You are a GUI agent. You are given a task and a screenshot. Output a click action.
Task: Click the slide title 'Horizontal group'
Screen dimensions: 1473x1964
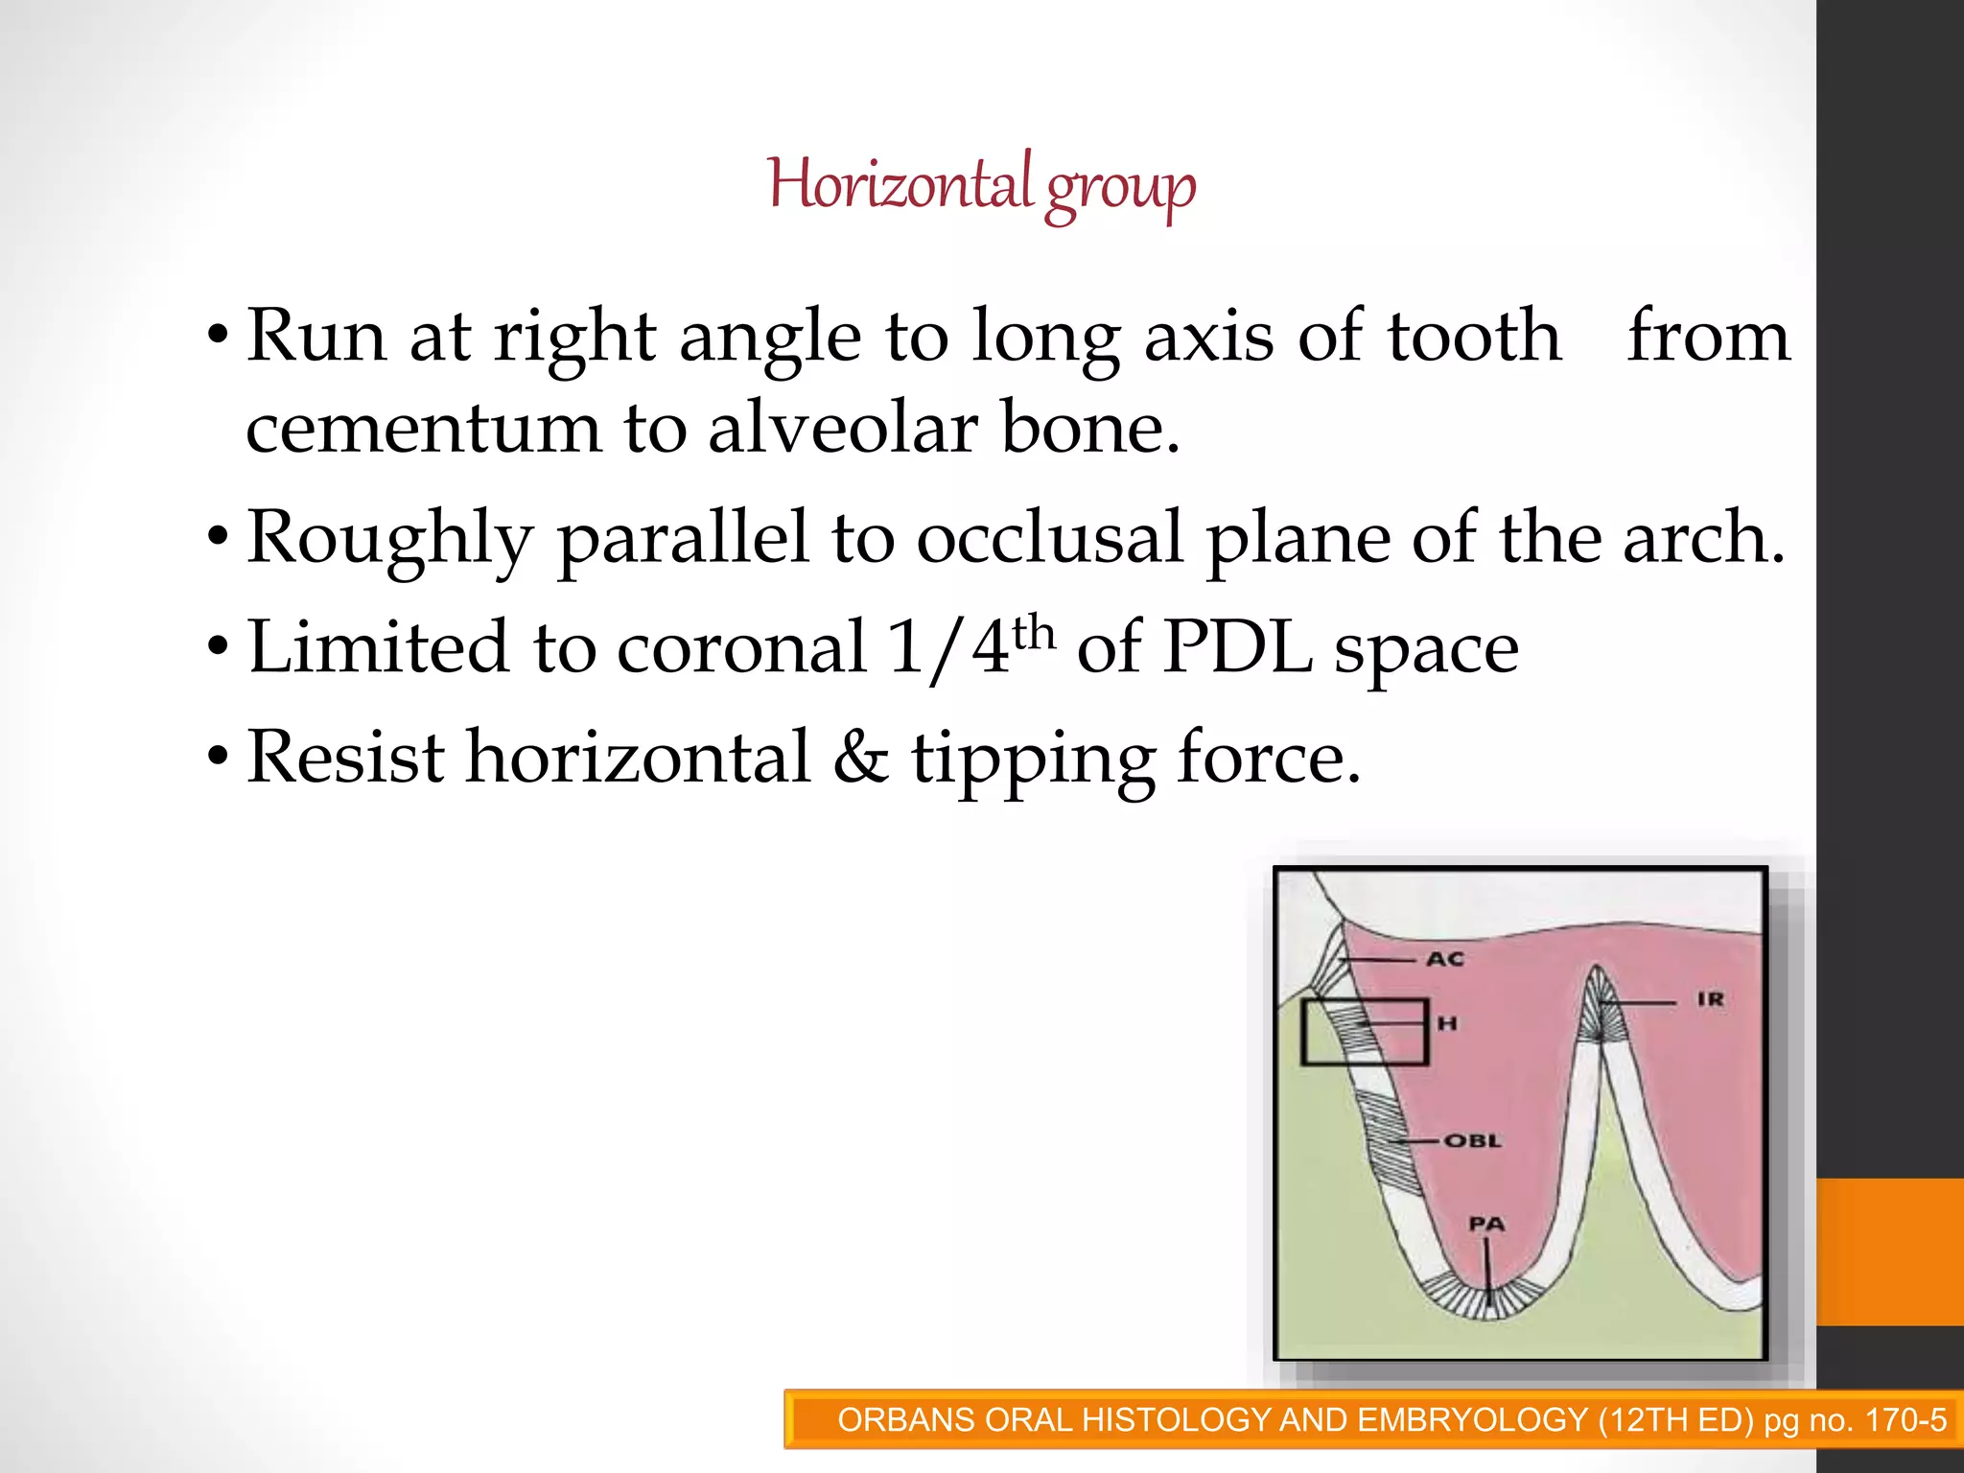point(981,185)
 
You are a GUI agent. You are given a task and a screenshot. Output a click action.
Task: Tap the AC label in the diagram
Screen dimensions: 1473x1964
point(1445,959)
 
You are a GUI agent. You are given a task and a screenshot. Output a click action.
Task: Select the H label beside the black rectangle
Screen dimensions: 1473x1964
point(1447,1024)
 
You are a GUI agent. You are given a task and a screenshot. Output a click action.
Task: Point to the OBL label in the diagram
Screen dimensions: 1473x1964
point(1472,1141)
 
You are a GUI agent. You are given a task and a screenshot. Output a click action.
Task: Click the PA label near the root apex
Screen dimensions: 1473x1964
point(1486,1225)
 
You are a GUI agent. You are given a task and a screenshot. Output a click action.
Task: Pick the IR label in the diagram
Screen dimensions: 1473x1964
point(1710,999)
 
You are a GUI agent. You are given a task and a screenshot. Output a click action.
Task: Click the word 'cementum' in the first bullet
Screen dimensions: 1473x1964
point(422,428)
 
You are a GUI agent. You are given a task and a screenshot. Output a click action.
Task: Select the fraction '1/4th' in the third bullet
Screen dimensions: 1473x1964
point(970,648)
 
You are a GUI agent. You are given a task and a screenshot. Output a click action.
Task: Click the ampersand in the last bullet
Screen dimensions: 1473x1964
point(860,758)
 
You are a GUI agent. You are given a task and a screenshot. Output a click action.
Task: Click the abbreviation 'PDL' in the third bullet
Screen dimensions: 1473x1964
point(1237,648)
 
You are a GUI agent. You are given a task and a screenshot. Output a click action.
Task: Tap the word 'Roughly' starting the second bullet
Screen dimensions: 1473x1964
point(388,540)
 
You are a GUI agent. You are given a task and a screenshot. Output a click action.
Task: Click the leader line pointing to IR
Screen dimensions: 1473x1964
point(1640,1002)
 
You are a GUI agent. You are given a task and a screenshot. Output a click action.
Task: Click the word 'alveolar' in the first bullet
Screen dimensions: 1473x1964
point(842,428)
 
